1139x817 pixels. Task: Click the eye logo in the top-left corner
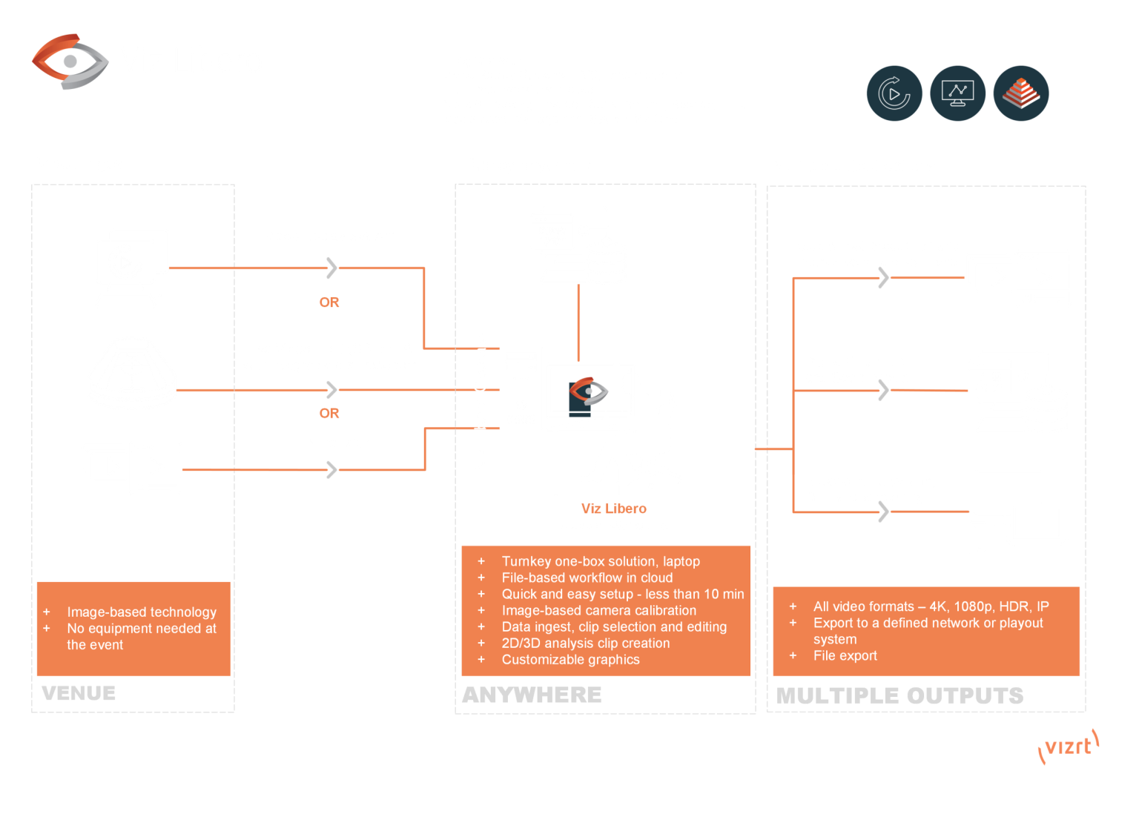tap(70, 61)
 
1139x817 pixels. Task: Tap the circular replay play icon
tap(894, 93)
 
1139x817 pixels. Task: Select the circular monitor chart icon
tap(957, 93)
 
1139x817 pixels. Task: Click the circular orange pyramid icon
tap(1021, 93)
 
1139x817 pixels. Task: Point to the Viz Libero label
tap(614, 509)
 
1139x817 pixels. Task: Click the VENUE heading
tap(79, 693)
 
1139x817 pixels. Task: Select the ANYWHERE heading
tap(532, 695)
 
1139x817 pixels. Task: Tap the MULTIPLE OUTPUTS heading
tap(899, 695)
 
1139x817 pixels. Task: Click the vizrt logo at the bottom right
tap(1069, 747)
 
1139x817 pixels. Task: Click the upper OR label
tap(329, 302)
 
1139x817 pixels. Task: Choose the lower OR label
tap(329, 414)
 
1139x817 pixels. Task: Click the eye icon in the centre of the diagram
tap(588, 396)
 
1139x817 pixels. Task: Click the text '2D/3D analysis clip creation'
tap(586, 643)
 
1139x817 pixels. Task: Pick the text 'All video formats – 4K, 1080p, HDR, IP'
tap(931, 606)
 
